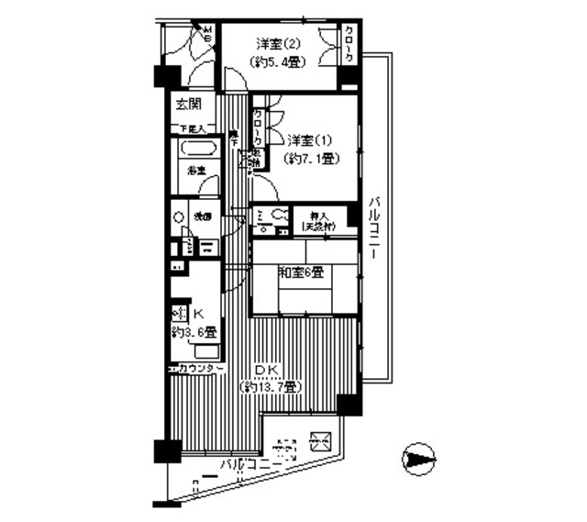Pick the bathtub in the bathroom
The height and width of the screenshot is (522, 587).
(199, 150)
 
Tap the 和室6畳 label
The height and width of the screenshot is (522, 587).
(301, 272)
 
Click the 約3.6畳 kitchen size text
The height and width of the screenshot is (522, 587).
(194, 332)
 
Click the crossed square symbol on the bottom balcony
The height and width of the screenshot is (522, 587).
(320, 440)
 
